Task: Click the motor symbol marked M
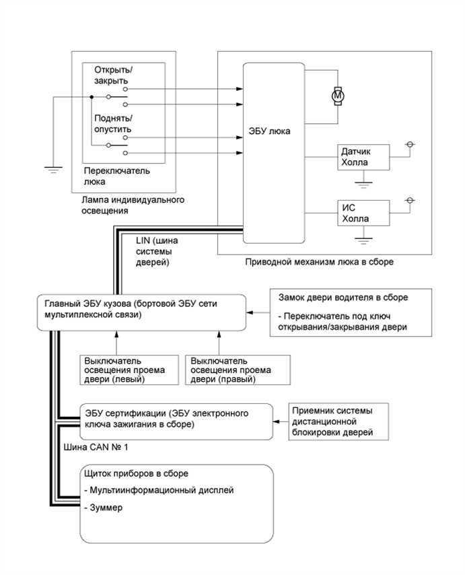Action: coord(338,96)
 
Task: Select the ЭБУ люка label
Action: coord(269,131)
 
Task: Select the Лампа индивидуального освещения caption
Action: coord(132,205)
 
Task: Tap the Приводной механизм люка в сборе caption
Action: coord(320,261)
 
